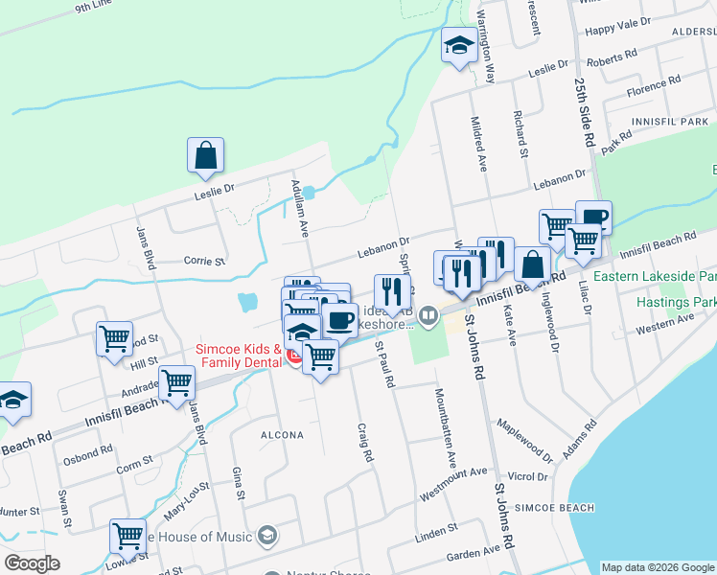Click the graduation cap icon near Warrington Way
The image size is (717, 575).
[459, 44]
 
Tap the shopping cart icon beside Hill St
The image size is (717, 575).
[114, 338]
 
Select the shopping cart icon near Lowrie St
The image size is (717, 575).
[127, 537]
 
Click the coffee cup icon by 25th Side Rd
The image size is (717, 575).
[593, 218]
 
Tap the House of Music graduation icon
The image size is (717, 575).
[268, 535]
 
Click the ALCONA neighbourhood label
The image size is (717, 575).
[282, 435]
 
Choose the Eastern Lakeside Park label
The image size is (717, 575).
[656, 276]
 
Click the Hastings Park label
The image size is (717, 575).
[676, 302]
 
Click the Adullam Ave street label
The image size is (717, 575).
[298, 204]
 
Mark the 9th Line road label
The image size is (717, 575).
[93, 8]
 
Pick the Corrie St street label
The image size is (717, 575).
[203, 260]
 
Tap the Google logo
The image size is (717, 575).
[32, 563]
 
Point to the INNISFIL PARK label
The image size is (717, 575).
[670, 123]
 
